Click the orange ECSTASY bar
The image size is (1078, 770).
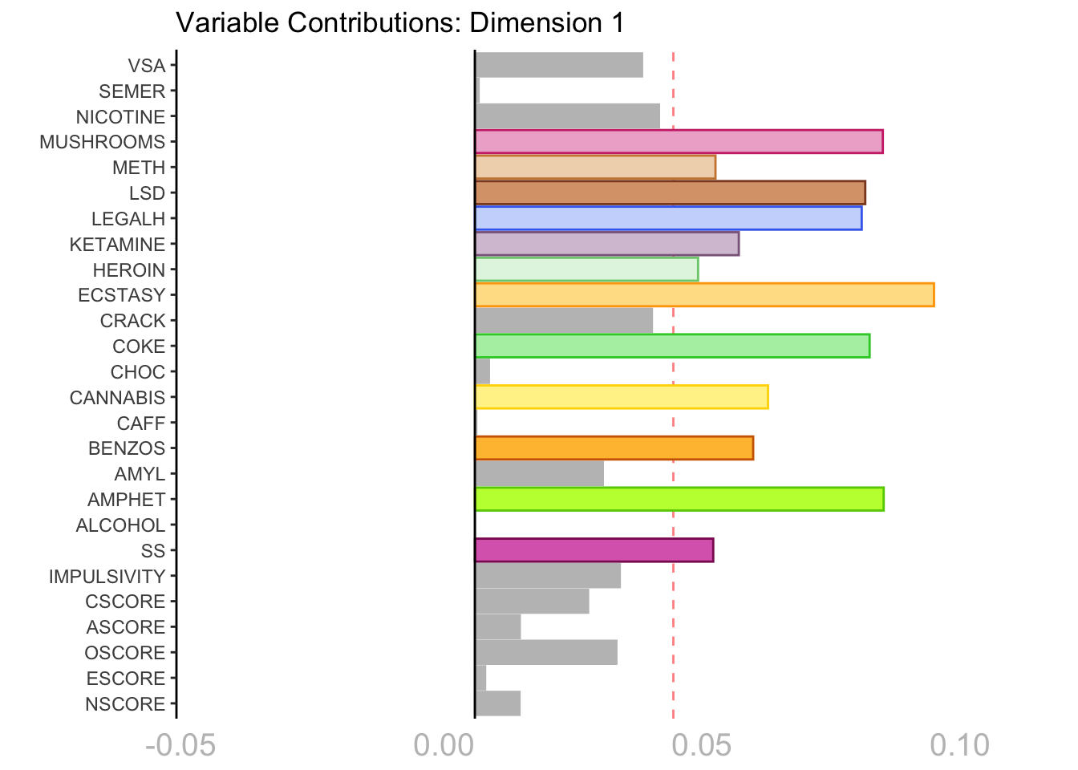[704, 295]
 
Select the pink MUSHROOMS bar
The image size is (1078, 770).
[679, 142]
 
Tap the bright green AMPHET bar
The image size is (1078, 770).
[679, 499]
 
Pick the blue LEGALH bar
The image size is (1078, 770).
[668, 218]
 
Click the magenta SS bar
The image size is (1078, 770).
[594, 550]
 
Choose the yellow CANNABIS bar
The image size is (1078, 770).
[622, 397]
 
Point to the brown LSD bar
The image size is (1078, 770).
[670, 192]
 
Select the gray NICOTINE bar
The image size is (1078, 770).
[567, 116]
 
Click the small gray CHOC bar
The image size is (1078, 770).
[482, 372]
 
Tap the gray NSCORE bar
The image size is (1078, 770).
[497, 703]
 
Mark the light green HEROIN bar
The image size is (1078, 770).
[586, 269]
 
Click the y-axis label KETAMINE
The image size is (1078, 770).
[117, 245]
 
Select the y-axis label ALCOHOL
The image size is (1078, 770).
[120, 525]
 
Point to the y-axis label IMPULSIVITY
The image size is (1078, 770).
[107, 577]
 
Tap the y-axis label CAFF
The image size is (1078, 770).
[140, 423]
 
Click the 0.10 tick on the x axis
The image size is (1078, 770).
[959, 746]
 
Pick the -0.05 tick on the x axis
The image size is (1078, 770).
[180, 746]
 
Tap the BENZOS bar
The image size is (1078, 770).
[614, 448]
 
